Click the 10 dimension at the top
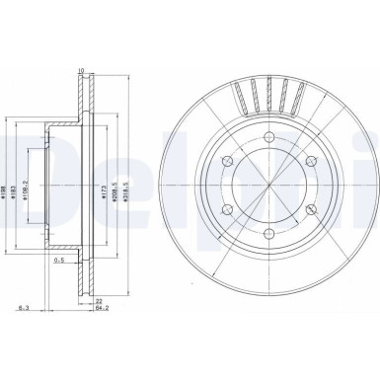click(x=82, y=70)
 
